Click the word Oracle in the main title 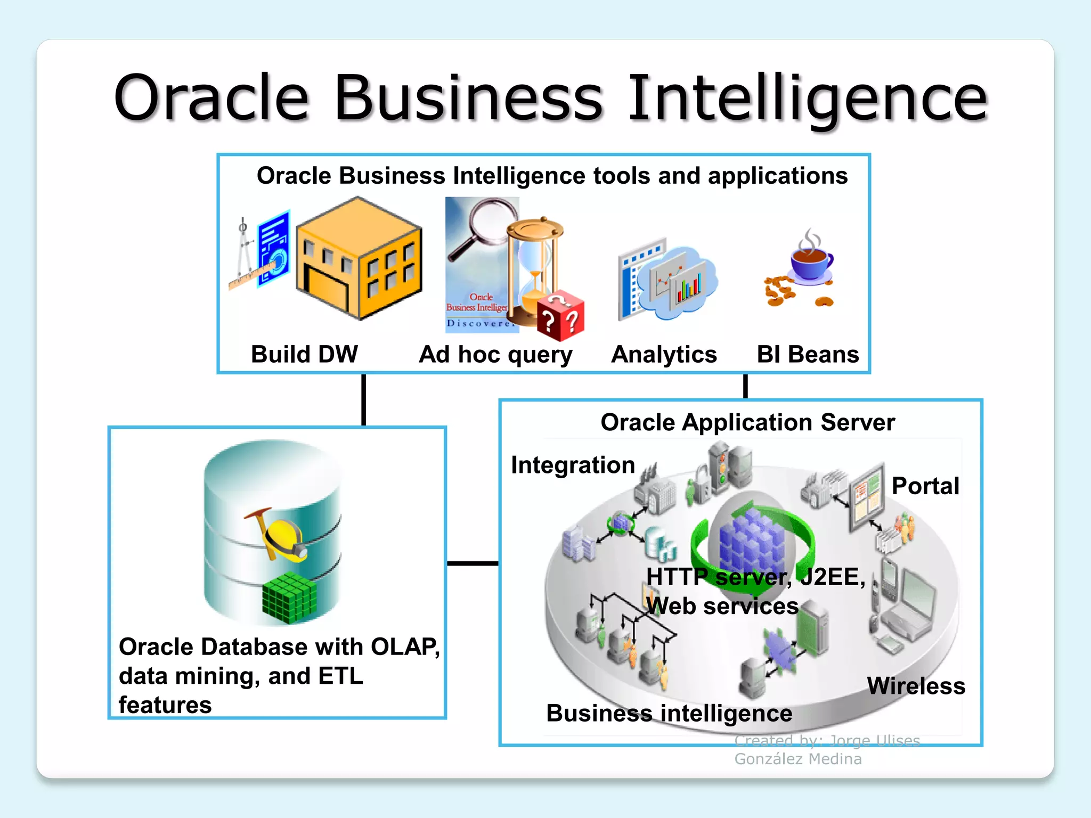point(212,99)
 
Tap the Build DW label point(304,354)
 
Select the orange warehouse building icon point(359,259)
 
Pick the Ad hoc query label point(495,355)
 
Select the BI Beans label point(808,354)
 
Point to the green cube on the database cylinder point(289,598)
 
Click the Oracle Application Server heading point(747,422)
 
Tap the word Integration point(573,465)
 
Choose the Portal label point(925,486)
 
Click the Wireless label point(916,686)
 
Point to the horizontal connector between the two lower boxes point(473,563)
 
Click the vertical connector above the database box point(364,399)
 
